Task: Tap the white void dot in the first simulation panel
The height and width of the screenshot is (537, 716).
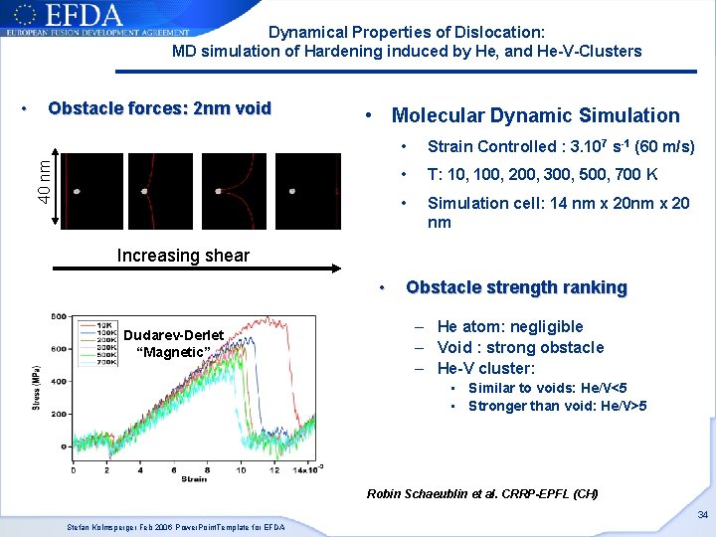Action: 77,191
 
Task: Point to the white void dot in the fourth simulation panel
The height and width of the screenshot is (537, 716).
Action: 292,191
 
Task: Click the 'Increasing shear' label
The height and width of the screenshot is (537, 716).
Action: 183,256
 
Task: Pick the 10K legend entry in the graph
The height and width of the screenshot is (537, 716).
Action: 101,325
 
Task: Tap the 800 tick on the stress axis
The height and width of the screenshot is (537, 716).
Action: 58,316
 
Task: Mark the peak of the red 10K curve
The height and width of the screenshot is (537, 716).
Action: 267,319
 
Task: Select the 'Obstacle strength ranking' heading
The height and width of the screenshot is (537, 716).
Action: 516,287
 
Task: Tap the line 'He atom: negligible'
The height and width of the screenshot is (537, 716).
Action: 510,326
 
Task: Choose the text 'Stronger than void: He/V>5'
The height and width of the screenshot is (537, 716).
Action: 557,406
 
